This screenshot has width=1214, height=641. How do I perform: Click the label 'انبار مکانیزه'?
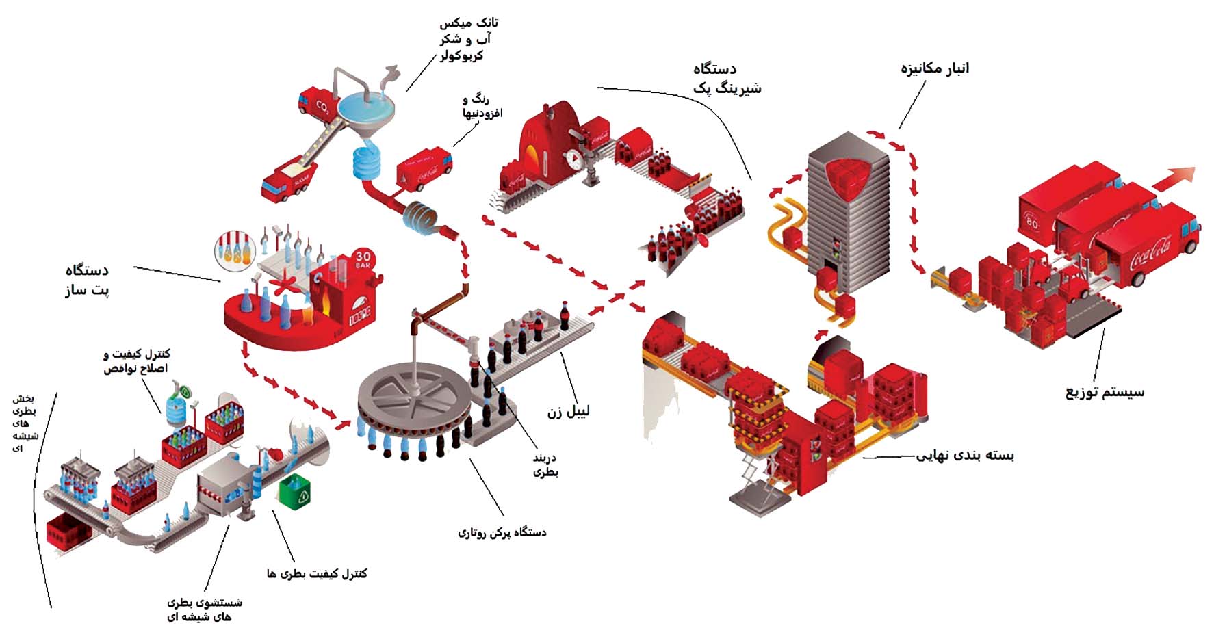point(934,69)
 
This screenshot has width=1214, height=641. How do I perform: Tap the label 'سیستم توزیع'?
point(1105,393)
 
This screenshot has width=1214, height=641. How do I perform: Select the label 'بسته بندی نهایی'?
point(965,455)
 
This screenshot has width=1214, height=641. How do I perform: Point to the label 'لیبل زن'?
point(568,411)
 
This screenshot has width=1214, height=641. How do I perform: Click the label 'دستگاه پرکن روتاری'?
point(502,532)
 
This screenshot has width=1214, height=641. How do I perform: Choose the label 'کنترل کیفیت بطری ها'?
point(317,573)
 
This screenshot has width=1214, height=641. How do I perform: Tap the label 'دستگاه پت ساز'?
point(86,280)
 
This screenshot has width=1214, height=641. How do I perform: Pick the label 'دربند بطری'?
point(545,465)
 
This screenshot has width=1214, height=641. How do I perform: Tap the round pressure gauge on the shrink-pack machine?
point(576,159)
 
